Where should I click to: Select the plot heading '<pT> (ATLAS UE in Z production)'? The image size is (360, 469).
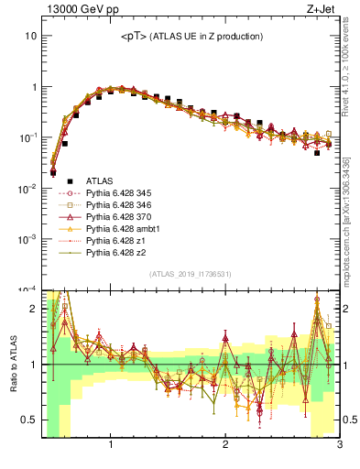(191, 37)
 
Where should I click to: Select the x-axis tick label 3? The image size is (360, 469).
(339, 444)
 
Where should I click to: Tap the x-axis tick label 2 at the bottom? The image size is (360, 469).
(225, 444)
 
